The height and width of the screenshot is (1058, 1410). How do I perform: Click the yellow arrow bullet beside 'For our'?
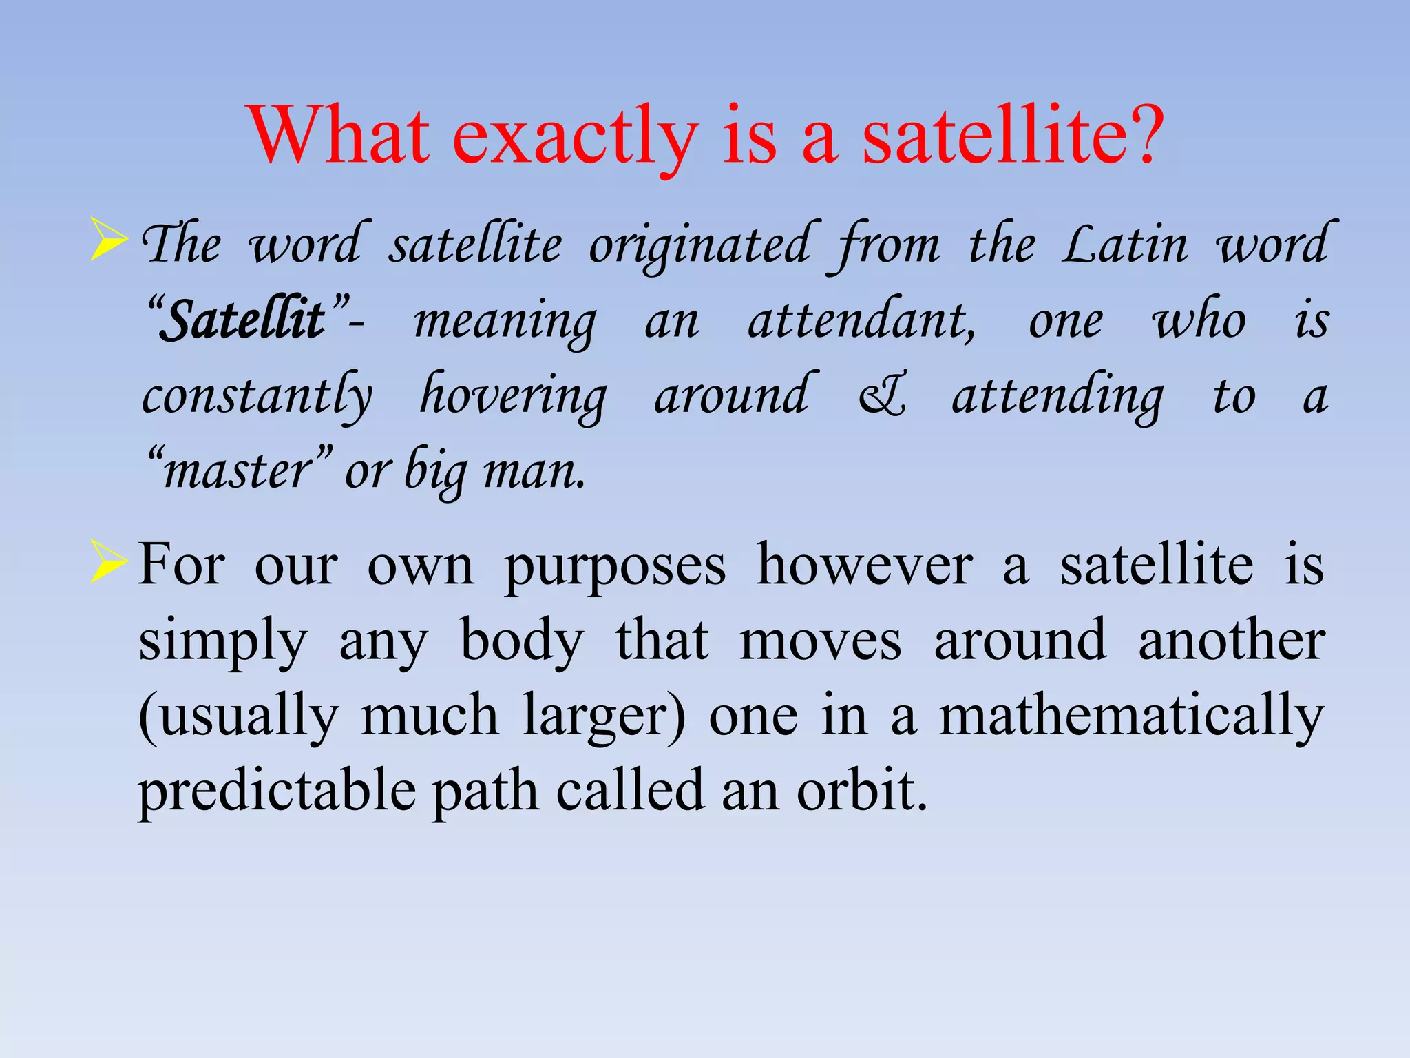point(109,561)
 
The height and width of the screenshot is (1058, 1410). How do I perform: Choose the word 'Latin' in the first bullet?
point(1124,245)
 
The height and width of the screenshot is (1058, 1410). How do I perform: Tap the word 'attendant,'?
point(861,321)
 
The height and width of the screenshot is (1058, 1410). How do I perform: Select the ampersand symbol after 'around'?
point(882,397)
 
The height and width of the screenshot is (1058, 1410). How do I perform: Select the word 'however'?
point(864,565)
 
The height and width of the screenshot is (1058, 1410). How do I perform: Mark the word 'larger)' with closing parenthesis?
point(604,716)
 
